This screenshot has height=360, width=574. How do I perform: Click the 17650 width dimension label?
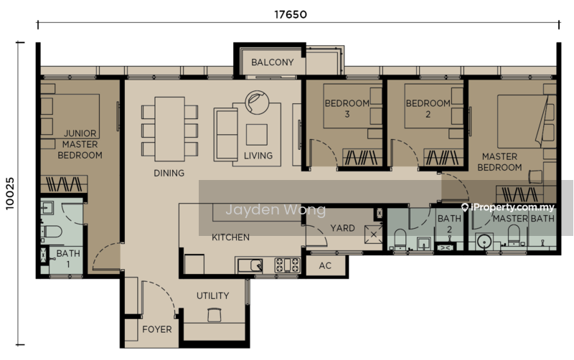point(291,14)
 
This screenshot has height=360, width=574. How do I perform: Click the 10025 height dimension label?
point(10,194)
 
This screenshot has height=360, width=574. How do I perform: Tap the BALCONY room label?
point(273,62)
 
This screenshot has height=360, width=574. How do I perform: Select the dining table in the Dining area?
point(169,129)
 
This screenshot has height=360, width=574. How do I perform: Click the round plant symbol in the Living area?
point(257,103)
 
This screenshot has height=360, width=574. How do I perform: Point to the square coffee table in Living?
point(257,135)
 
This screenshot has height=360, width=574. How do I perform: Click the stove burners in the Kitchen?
point(288,265)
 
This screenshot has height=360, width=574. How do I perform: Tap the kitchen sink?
point(250,265)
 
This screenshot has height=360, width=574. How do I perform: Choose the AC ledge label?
point(325,265)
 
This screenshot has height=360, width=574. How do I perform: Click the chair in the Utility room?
point(215,315)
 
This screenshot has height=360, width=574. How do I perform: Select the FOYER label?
point(157,329)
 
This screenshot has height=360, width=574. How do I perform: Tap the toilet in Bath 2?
point(400,239)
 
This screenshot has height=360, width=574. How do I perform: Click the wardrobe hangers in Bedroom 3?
point(361,157)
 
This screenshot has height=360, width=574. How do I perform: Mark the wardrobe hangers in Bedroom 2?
point(442,157)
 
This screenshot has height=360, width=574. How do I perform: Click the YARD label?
point(342,228)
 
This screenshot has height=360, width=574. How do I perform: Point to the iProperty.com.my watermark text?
point(509,207)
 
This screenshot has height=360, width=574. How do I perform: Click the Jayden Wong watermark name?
point(276,209)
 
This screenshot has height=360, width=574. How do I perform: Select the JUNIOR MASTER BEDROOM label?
point(80,144)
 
